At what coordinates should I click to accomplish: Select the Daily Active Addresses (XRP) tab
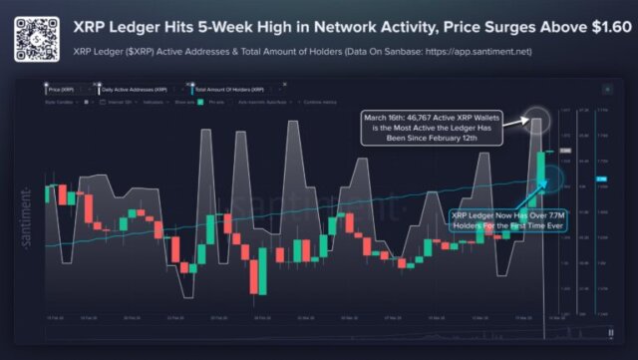pos(131,90)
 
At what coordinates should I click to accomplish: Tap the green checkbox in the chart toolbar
pos(200,102)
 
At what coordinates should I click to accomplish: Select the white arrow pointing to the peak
pos(514,122)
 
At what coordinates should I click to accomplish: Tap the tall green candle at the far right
pos(539,168)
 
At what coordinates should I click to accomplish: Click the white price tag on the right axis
pos(564,151)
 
